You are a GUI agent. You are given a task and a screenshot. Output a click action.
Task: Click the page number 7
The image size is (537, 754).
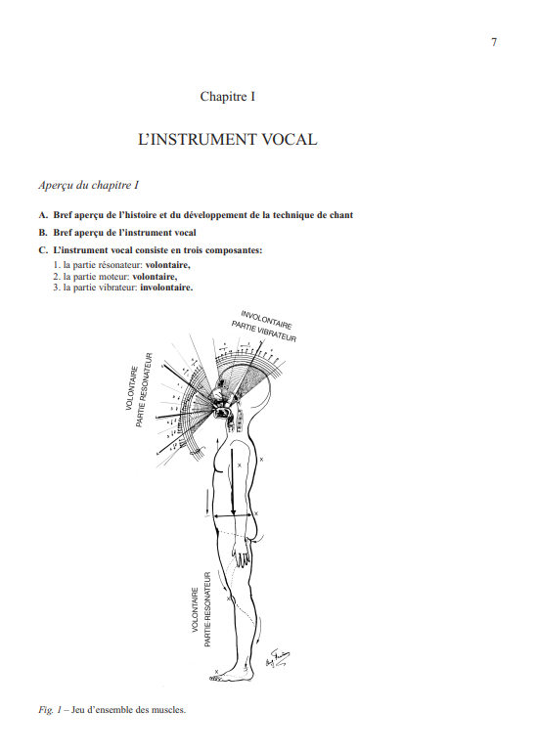[x=494, y=42]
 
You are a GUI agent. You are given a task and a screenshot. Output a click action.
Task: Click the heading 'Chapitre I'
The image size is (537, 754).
[x=228, y=96]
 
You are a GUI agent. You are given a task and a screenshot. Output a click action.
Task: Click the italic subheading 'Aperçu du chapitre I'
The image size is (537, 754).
[x=88, y=184]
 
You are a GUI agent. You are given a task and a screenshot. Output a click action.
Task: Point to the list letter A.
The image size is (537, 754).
[x=42, y=214]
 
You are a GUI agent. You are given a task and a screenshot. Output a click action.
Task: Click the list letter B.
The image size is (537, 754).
[x=42, y=233]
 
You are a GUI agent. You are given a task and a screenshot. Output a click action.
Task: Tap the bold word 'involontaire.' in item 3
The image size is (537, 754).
[x=166, y=288]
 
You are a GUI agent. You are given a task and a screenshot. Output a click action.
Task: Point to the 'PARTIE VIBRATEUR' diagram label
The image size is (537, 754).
[x=263, y=330]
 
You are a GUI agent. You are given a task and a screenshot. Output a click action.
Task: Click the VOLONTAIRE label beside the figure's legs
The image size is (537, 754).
[x=195, y=611]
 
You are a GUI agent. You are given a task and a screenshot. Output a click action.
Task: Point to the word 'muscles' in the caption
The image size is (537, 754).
[x=168, y=709]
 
